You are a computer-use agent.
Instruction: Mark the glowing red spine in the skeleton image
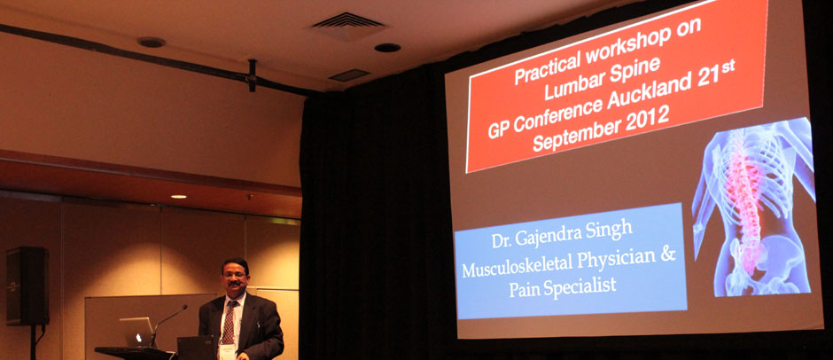point(747,202)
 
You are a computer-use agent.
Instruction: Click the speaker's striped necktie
point(229,323)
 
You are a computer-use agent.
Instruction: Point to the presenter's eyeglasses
point(235,276)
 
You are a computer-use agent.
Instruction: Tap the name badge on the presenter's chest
point(227,350)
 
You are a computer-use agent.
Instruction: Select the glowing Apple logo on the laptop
point(138,336)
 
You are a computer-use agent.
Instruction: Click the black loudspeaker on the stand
point(27,286)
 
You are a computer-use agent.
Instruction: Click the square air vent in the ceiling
point(348,24)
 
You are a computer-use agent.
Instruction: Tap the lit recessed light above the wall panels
point(178,196)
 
